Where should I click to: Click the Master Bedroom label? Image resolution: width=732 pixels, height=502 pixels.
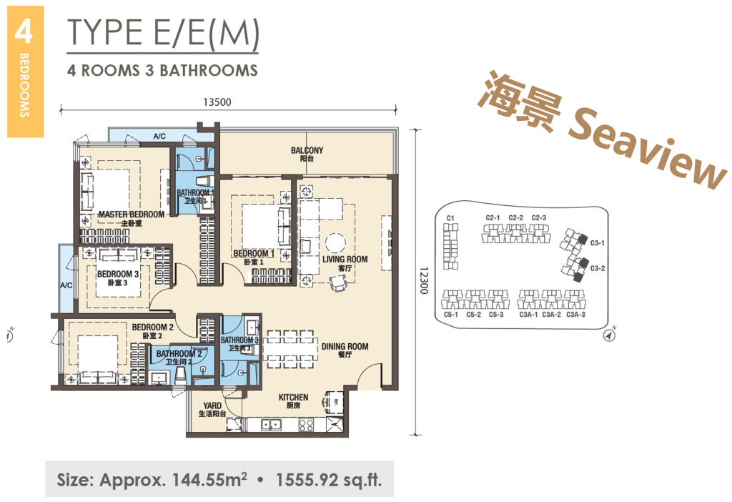(132, 218)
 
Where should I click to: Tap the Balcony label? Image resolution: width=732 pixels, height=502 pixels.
(307, 154)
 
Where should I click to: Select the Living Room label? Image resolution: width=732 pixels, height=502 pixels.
(345, 263)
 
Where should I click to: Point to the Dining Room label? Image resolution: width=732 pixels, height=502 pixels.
(345, 350)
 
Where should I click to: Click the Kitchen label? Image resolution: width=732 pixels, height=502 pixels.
(293, 401)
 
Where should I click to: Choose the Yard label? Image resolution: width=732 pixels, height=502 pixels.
(212, 410)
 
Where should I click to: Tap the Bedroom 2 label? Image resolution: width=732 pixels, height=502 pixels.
(153, 331)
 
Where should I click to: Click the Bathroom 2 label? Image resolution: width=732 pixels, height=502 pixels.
(179, 358)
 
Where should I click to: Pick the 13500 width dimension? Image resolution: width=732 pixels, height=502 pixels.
(217, 102)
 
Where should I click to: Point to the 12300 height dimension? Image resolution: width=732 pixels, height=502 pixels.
(423, 280)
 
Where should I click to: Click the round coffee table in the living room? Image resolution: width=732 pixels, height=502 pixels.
(336, 244)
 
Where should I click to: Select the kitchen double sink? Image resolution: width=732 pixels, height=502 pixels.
(271, 425)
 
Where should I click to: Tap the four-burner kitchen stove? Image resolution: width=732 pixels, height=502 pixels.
(306, 425)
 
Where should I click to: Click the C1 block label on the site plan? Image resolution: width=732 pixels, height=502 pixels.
(450, 218)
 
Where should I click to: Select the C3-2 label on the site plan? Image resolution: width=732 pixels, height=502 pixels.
(598, 268)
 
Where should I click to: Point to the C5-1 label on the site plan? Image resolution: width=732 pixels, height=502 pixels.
(451, 315)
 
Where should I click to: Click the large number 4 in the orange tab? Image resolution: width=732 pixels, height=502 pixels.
(24, 31)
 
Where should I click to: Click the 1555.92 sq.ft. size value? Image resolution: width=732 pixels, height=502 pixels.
(329, 480)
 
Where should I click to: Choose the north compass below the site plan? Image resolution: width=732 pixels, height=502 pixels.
(610, 335)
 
